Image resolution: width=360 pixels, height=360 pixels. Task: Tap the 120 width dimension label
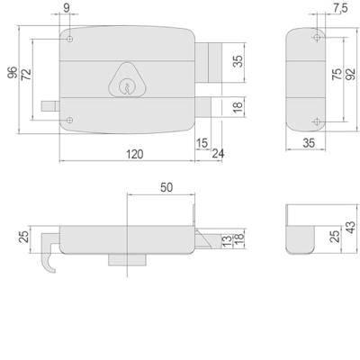coord(133,154)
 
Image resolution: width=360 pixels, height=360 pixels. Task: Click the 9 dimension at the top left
coord(68,10)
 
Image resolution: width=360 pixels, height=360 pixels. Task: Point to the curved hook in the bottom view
coord(49,262)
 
